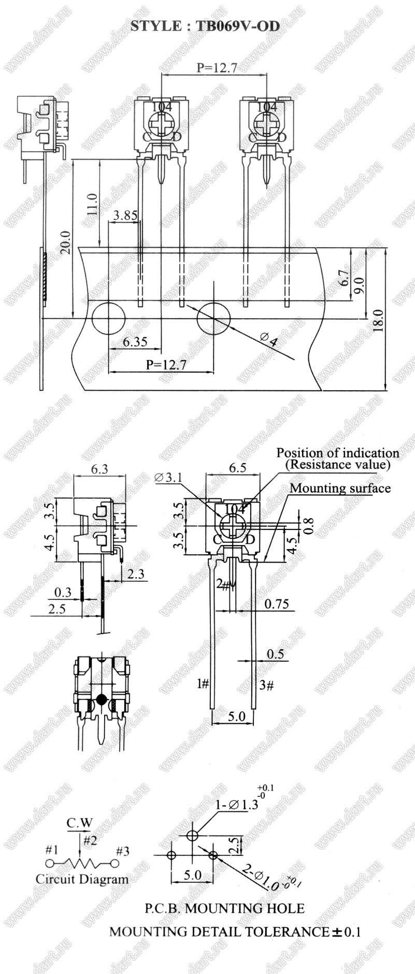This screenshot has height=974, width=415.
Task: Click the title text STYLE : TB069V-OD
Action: (x=205, y=26)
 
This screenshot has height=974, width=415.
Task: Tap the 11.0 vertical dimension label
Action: (x=92, y=205)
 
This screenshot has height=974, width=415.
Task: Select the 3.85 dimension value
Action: (x=124, y=216)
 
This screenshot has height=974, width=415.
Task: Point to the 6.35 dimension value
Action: (x=135, y=342)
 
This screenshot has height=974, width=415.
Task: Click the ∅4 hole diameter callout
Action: (x=269, y=342)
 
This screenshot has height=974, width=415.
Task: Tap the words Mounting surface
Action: (x=340, y=488)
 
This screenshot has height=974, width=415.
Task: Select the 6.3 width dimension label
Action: (x=99, y=469)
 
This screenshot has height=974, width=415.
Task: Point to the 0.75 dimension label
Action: (x=276, y=604)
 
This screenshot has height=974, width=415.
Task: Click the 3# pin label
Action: (x=266, y=685)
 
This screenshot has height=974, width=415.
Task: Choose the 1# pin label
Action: (x=203, y=684)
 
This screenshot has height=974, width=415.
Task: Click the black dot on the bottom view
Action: (x=102, y=699)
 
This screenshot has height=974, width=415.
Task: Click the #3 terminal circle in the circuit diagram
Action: (x=115, y=863)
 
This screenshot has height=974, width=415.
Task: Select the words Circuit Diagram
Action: (x=82, y=879)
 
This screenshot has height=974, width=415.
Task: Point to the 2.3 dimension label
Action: (x=136, y=574)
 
